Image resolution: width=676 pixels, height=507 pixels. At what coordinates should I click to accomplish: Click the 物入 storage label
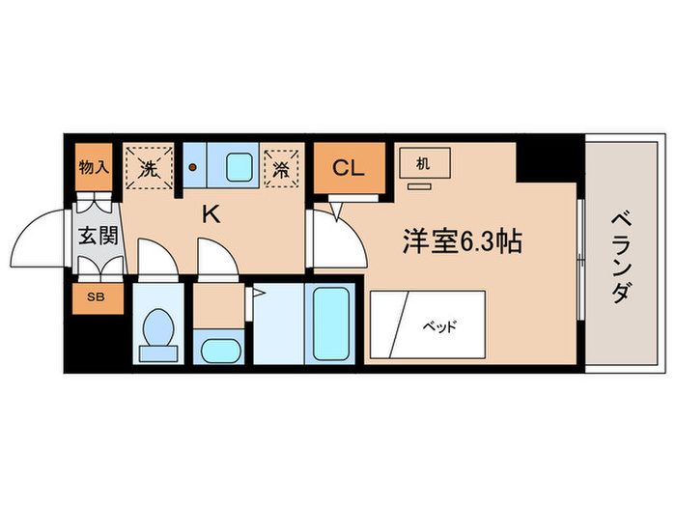pos(94,167)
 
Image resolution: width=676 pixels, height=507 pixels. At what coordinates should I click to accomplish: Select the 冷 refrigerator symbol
pos(281,168)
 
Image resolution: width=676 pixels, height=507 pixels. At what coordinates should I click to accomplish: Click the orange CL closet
pos(347,169)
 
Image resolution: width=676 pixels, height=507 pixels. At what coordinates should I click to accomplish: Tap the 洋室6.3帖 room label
pos(462,242)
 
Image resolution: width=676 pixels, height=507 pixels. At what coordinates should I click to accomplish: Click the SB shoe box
pos(98,296)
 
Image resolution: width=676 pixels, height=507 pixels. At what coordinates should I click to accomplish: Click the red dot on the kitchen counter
pos(193,166)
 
